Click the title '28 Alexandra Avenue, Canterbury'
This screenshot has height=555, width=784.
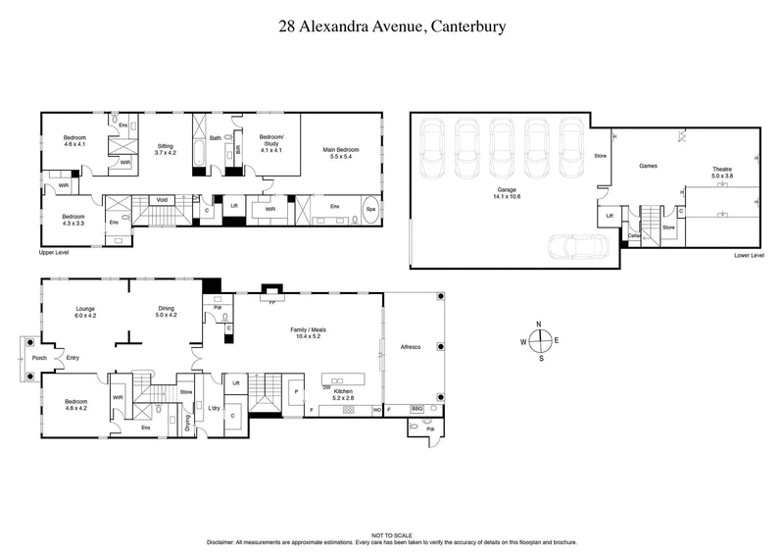391,26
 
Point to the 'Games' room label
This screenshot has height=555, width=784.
648,166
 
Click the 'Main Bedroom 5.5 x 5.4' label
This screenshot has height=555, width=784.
341,153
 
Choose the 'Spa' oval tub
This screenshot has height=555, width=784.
370,209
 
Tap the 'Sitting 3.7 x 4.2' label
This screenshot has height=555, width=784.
166,148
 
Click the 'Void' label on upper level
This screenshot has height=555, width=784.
163,200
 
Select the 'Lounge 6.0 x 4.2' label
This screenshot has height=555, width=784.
86,312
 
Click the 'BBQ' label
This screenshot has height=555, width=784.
416,408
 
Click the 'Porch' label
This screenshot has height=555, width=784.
39,358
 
